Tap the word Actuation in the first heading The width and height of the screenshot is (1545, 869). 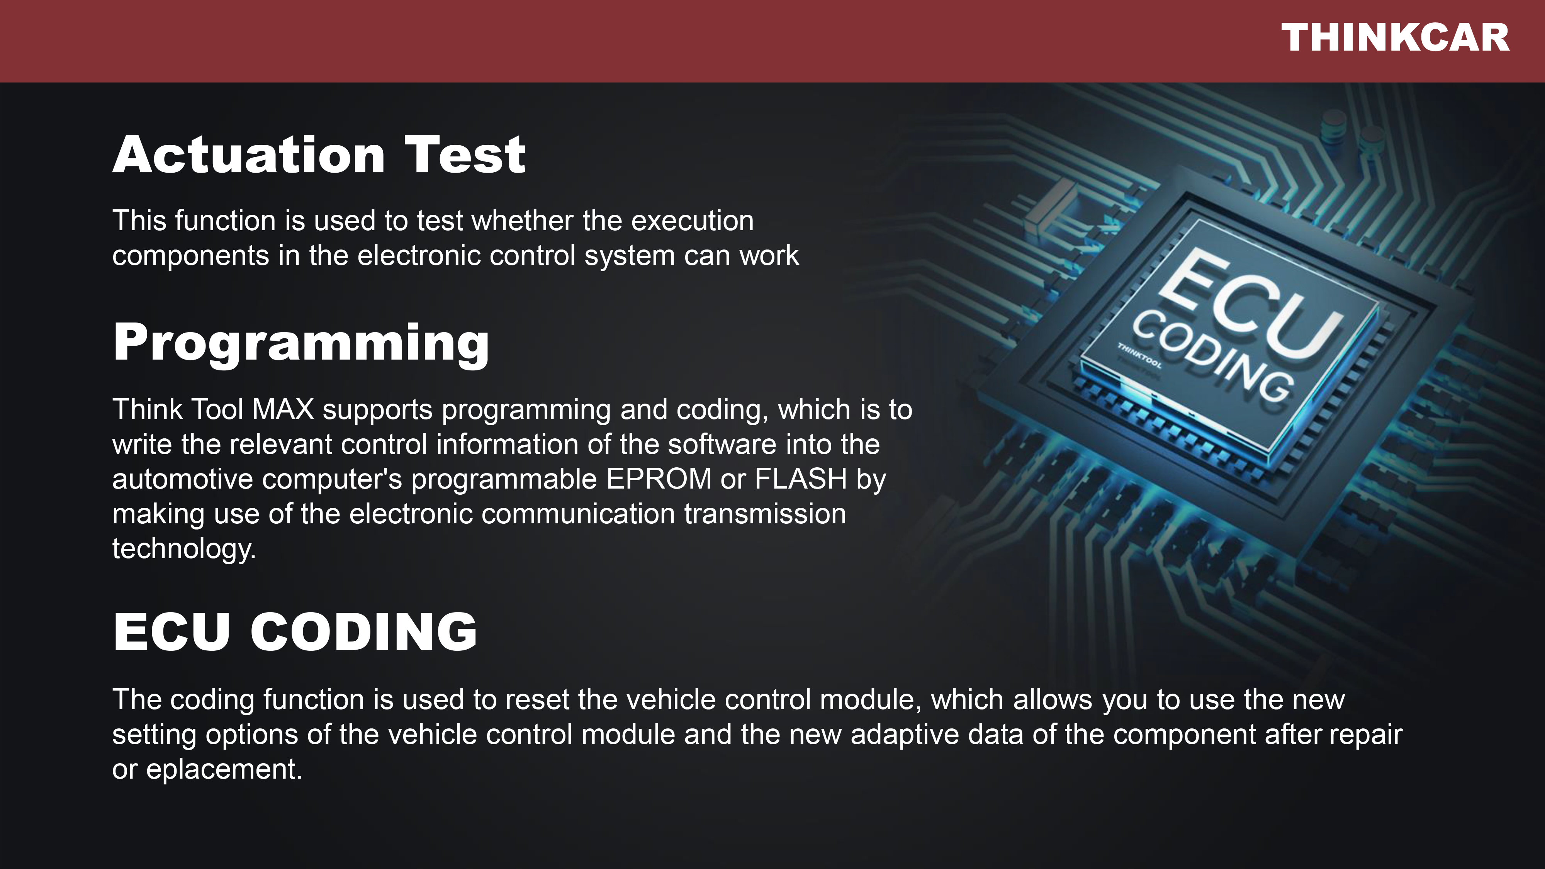click(x=249, y=155)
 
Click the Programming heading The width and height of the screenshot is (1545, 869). click(x=301, y=344)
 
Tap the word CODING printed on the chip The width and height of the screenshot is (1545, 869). click(x=1212, y=357)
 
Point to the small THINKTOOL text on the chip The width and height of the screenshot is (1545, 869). click(x=1139, y=356)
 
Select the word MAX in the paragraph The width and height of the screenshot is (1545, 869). click(x=283, y=410)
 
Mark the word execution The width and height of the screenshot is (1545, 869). click(x=692, y=221)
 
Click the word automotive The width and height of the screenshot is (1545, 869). click(x=182, y=479)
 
